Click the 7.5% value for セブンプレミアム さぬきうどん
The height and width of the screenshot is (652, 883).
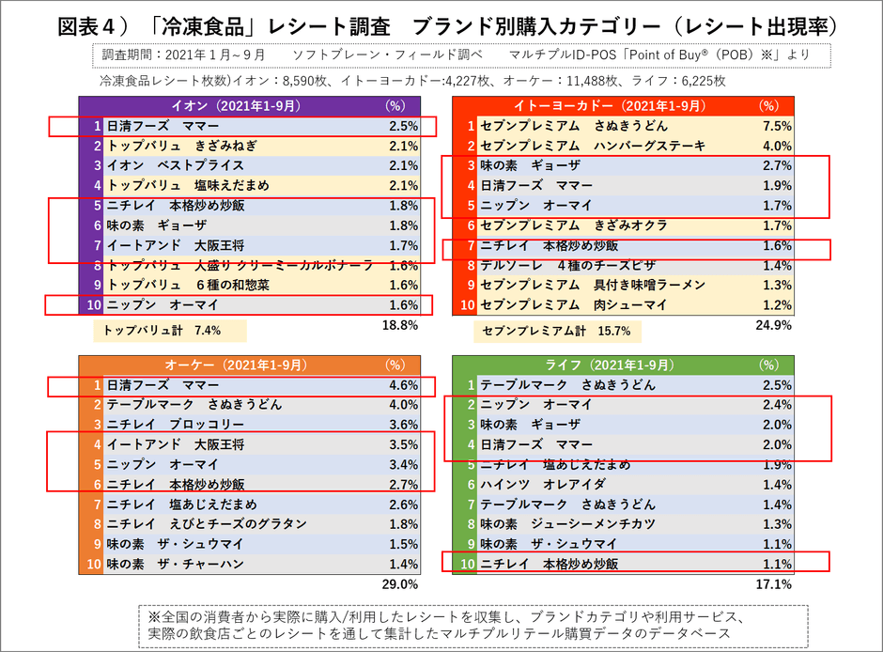click(x=776, y=125)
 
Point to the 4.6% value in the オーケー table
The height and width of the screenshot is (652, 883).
click(x=403, y=385)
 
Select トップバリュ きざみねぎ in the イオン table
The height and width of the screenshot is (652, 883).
click(x=181, y=146)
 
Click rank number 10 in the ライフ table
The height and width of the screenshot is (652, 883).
click(x=467, y=564)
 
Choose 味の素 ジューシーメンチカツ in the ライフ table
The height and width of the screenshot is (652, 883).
click(x=567, y=523)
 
